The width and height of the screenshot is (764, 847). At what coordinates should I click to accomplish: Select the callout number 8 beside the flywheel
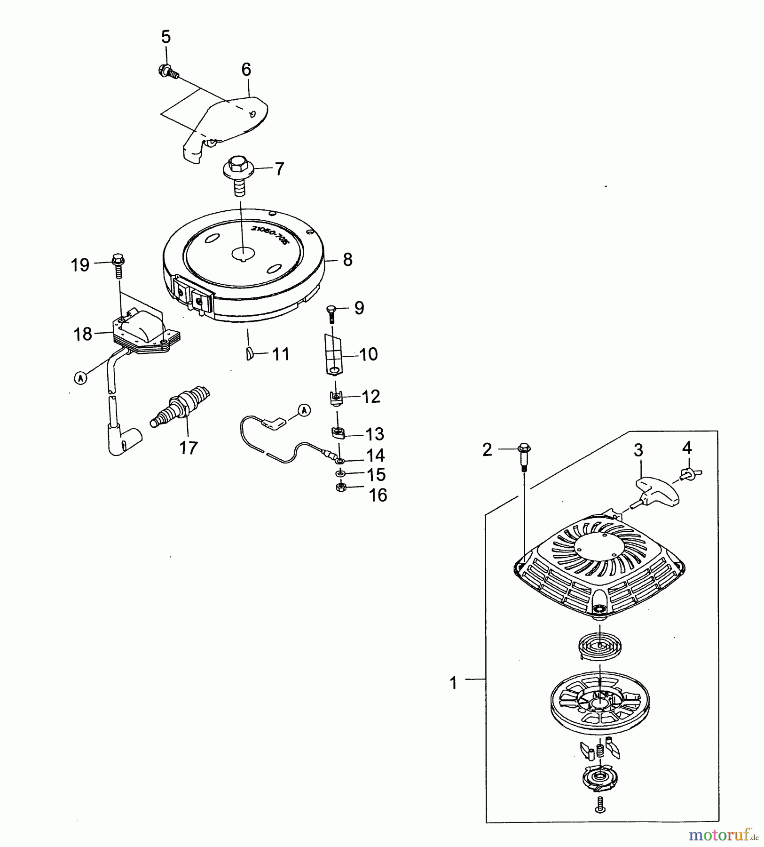(347, 260)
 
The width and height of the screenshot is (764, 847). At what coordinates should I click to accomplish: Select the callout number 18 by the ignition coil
(82, 334)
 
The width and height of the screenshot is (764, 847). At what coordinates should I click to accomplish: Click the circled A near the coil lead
(80, 378)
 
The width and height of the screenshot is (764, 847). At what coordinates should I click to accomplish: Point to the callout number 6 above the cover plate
(246, 70)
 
